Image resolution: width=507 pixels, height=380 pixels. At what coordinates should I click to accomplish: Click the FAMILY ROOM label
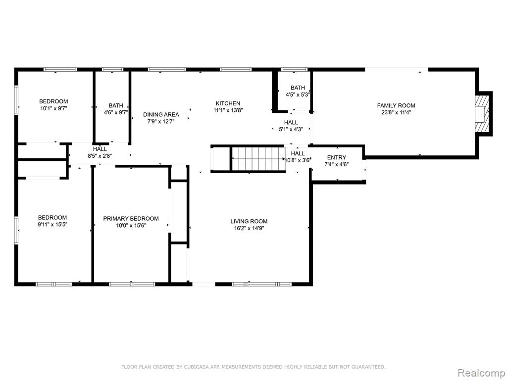[396, 105]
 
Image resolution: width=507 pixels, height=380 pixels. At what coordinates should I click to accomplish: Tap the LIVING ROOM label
[249, 221]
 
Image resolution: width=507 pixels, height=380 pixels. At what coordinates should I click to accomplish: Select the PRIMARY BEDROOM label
[131, 218]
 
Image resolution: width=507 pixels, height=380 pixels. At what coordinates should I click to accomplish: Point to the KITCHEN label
[228, 103]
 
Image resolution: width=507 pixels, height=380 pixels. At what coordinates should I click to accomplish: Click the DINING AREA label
[161, 114]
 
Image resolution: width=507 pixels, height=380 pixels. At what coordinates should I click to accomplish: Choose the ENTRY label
[337, 157]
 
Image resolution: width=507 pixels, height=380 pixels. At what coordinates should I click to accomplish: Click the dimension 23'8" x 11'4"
[396, 112]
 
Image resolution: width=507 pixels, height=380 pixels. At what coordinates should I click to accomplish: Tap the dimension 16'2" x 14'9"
[249, 229]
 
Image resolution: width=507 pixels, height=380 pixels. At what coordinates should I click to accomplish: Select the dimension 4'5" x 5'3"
[298, 95]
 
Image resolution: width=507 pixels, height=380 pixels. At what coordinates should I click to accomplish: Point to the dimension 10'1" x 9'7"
[53, 108]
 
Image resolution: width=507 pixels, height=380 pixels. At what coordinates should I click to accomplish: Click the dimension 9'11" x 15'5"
[52, 225]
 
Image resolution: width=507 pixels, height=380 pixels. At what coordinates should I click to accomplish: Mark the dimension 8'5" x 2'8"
[100, 156]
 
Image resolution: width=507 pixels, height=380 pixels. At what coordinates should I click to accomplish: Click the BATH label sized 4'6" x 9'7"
[116, 105]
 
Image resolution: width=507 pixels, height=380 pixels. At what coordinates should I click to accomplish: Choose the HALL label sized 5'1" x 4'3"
[291, 123]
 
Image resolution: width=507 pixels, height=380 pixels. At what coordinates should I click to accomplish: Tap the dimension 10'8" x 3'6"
[298, 160]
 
